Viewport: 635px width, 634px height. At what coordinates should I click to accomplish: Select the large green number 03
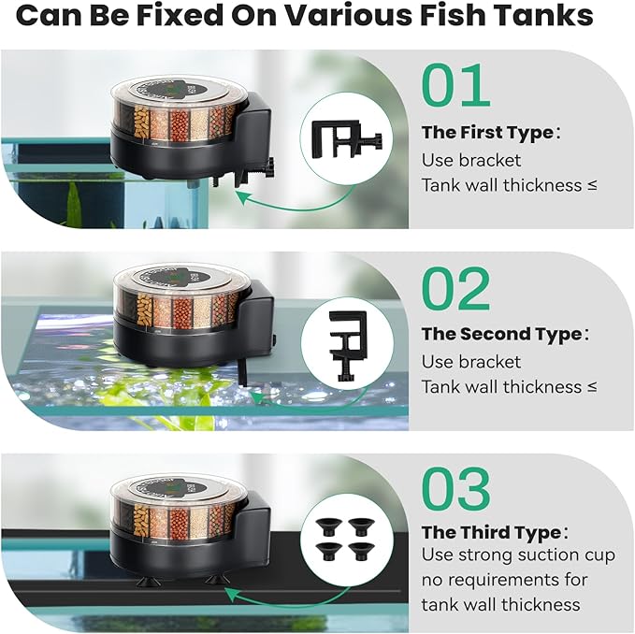[x=455, y=489]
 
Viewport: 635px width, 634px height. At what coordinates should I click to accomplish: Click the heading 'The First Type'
[x=487, y=133]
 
